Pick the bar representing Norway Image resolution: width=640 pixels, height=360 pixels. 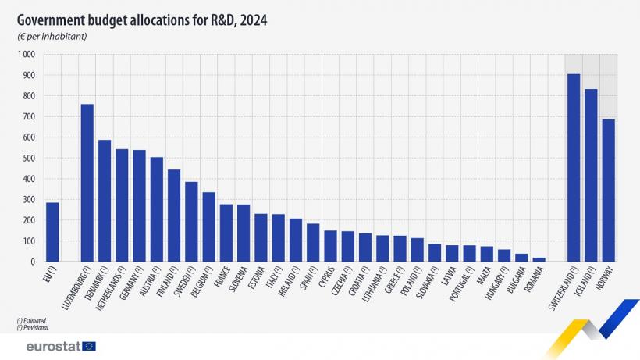(609, 191)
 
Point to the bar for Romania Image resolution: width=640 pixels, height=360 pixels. (539, 259)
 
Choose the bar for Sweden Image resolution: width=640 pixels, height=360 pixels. (191, 222)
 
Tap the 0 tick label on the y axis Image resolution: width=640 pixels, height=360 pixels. (33, 262)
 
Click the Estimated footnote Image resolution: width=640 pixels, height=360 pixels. (32, 320)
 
